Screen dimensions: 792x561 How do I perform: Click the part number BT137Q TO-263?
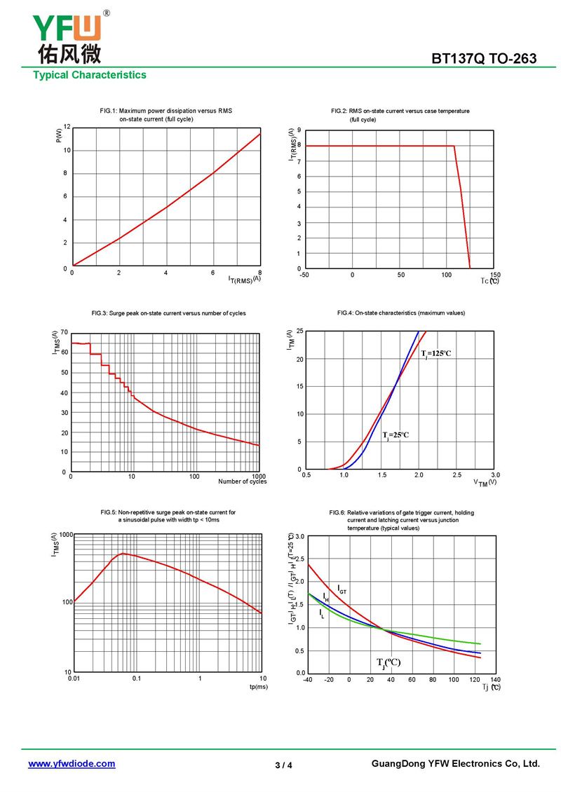pyautogui.click(x=484, y=59)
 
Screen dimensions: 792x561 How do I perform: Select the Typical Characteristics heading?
pyautogui.click(x=90, y=75)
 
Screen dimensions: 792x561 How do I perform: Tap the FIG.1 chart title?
pyautogui.click(x=166, y=115)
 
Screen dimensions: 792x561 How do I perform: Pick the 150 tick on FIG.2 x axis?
pyautogui.click(x=495, y=275)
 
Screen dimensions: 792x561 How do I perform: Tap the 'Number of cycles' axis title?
pyautogui.click(x=242, y=482)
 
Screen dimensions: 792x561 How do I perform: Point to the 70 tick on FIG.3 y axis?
pyautogui.click(x=65, y=332)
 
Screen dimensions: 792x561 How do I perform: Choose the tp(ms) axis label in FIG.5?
pyautogui.click(x=259, y=688)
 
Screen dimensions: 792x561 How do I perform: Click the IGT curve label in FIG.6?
pyautogui.click(x=342, y=589)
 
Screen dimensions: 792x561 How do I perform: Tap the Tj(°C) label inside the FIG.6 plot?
pyautogui.click(x=388, y=663)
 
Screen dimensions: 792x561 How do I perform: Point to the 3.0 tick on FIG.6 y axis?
pyautogui.click(x=299, y=537)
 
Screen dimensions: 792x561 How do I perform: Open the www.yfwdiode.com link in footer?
pyautogui.click(x=72, y=764)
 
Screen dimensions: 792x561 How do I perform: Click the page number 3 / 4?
pyautogui.click(x=283, y=765)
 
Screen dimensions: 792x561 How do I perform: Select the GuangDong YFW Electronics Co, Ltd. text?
pyautogui.click(x=455, y=764)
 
